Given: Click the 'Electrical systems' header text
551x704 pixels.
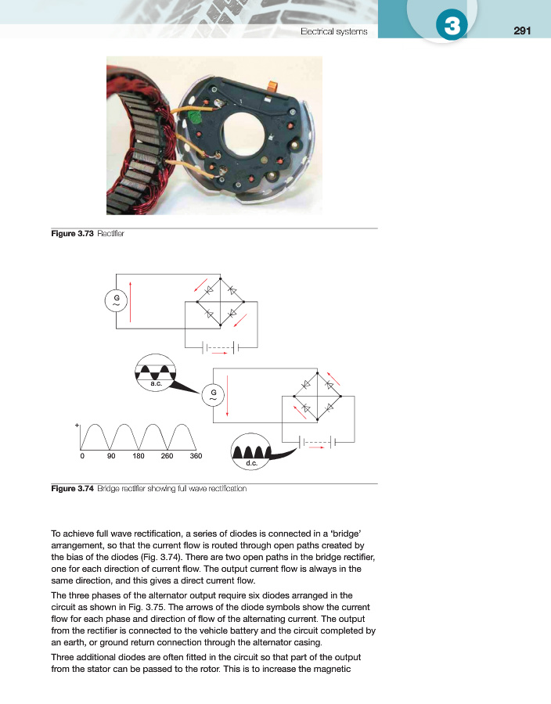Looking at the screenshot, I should pyautogui.click(x=334, y=31).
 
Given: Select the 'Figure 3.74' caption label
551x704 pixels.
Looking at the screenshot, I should pyautogui.click(x=72, y=489).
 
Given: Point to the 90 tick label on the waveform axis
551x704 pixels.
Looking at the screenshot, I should pyautogui.click(x=111, y=455).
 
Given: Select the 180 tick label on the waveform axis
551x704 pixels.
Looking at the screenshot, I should pyautogui.click(x=139, y=455).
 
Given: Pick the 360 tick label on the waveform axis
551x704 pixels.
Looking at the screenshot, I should pyautogui.click(x=196, y=455).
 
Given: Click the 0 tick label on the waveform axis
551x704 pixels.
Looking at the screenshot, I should pyautogui.click(x=82, y=455).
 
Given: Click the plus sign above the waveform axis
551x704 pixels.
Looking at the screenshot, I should pyautogui.click(x=77, y=426).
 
